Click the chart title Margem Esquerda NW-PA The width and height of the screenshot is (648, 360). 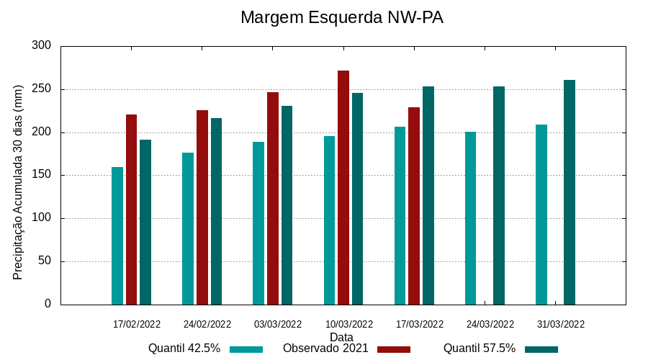(341, 17)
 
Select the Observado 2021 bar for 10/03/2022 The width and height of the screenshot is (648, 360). (343, 187)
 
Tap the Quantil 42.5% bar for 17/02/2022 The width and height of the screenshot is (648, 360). (117, 235)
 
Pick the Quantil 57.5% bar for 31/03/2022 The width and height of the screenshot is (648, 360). (570, 192)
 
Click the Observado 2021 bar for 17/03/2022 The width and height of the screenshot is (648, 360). (414, 206)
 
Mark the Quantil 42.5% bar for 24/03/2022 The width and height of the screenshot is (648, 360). (471, 218)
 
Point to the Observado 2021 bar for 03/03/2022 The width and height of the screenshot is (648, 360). (273, 198)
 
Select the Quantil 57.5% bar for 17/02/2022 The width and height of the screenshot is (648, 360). (145, 222)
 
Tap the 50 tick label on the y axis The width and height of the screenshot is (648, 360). (45, 261)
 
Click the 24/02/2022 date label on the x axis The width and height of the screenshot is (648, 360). (207, 324)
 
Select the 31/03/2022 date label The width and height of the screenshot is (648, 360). (561, 324)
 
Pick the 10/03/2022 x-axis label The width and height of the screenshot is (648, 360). (348, 324)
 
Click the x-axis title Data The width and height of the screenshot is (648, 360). (341, 337)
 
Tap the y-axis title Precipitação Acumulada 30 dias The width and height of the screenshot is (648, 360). (19, 181)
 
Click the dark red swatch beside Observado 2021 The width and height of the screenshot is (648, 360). (393, 349)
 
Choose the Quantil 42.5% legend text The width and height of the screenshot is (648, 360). (184, 348)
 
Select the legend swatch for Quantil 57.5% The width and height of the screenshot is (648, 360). (541, 349)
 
